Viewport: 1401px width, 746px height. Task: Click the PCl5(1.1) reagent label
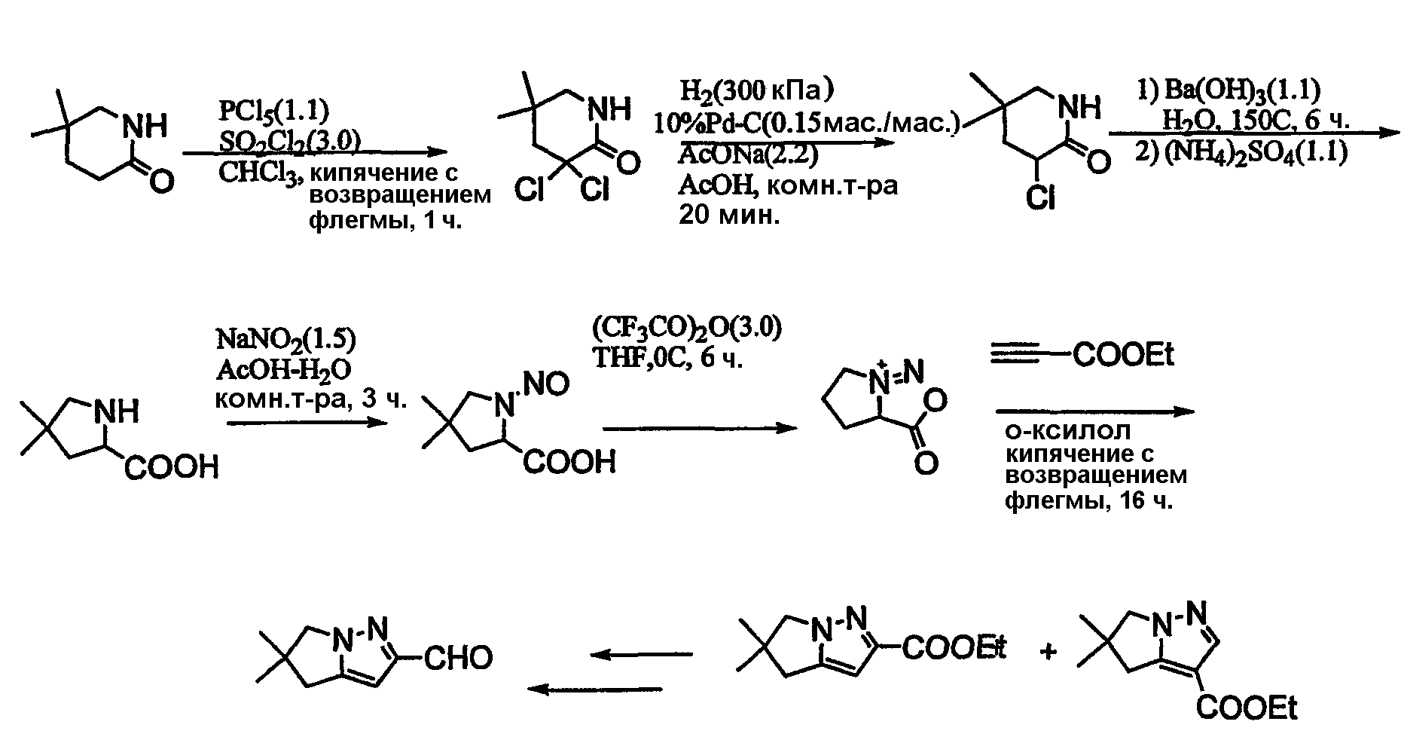tap(273, 112)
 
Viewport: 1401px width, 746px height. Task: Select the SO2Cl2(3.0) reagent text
tap(288, 140)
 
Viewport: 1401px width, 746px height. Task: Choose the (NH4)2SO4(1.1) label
tap(1256, 152)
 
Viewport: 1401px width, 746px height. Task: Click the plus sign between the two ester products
tap(1047, 652)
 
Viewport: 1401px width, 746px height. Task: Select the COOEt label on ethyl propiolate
tap(1123, 354)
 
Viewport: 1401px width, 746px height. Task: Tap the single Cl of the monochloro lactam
tap(1042, 199)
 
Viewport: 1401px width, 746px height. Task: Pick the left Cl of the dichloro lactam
tap(530, 191)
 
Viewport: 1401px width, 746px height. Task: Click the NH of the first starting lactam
tap(145, 126)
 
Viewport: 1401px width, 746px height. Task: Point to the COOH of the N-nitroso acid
tap(569, 461)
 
